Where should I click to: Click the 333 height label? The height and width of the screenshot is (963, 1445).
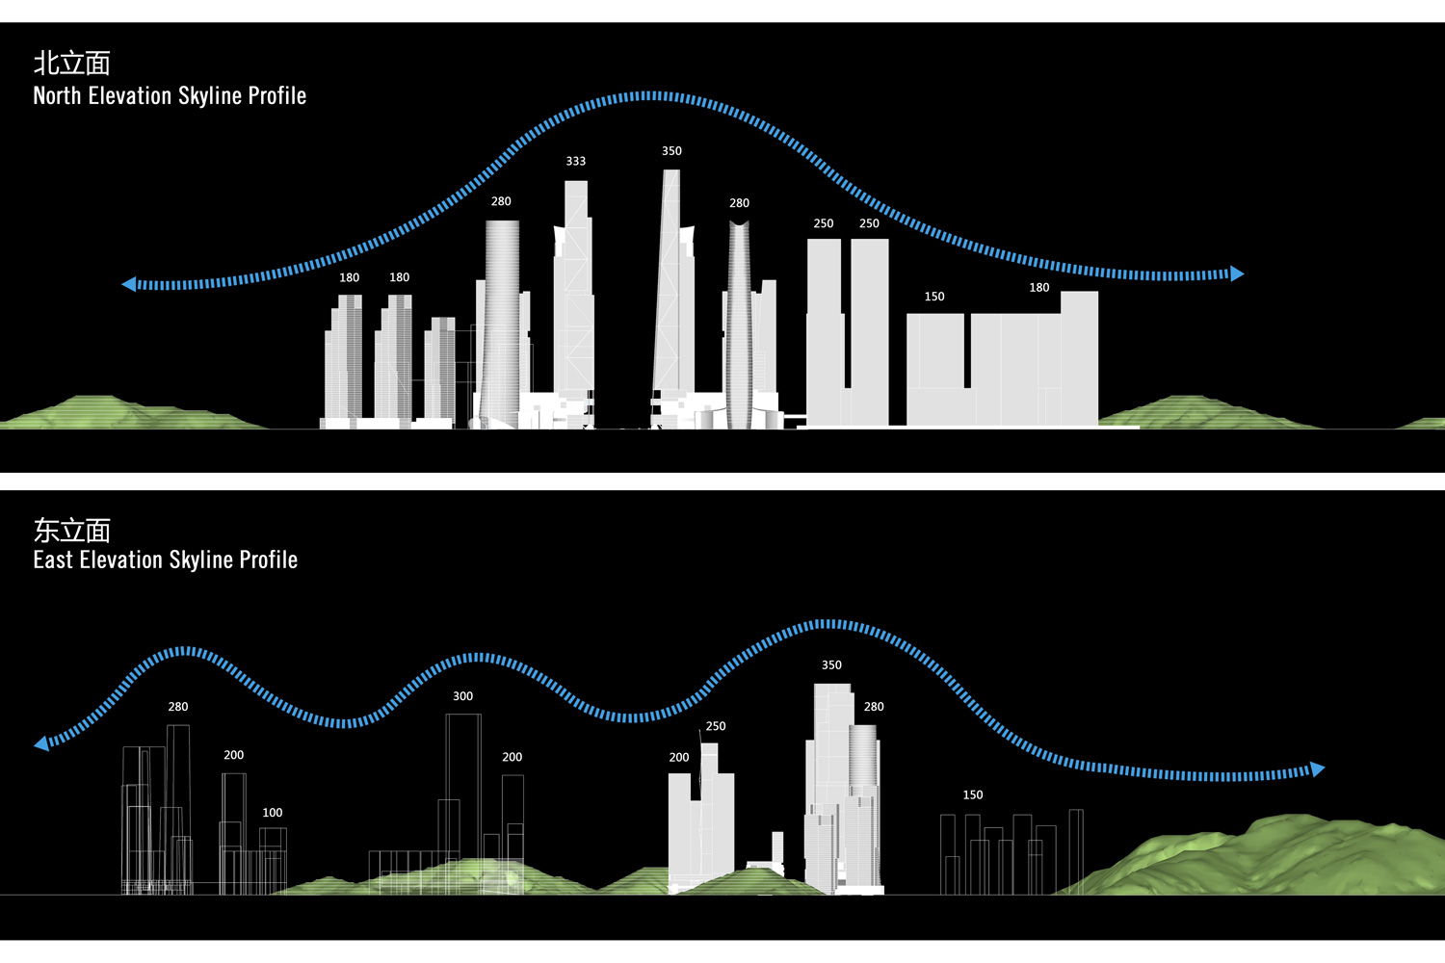pos(576,161)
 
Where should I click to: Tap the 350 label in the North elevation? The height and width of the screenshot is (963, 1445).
pos(671,151)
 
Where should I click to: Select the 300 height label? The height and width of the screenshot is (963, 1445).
pos(463,696)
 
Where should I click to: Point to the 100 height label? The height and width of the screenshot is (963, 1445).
pos(273,813)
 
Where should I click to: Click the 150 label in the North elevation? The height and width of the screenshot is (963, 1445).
pos(934,297)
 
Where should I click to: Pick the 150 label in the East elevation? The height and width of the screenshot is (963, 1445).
pos(973,795)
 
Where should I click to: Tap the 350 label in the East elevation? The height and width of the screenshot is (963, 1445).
pos(831,665)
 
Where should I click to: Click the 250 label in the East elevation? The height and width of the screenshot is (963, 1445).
pos(716,726)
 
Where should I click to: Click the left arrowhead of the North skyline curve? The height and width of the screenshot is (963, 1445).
pos(129,284)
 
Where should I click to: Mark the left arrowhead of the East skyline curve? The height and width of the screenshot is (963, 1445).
pos(41,743)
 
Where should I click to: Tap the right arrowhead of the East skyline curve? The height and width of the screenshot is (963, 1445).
pos(1318,768)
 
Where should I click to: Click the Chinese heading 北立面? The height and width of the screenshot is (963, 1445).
pos(72,64)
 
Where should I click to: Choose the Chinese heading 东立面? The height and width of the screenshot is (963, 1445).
pos(72,530)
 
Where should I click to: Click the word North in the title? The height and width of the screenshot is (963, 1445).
pos(58,96)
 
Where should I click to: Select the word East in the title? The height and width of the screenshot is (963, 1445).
pos(53,560)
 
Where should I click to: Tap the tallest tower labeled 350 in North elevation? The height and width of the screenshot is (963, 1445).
pos(671,289)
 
